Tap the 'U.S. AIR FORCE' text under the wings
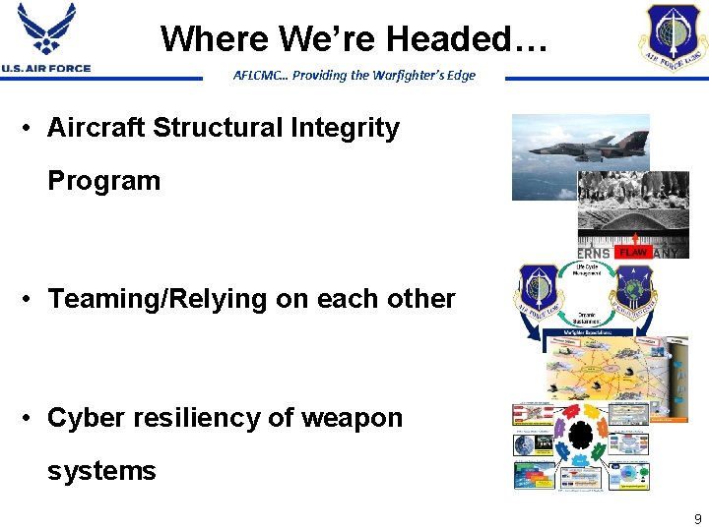45,68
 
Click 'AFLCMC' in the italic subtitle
256,76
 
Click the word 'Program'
103,181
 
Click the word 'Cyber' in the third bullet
87,418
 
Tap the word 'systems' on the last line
101,471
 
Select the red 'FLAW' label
632,253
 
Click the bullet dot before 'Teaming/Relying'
32,299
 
